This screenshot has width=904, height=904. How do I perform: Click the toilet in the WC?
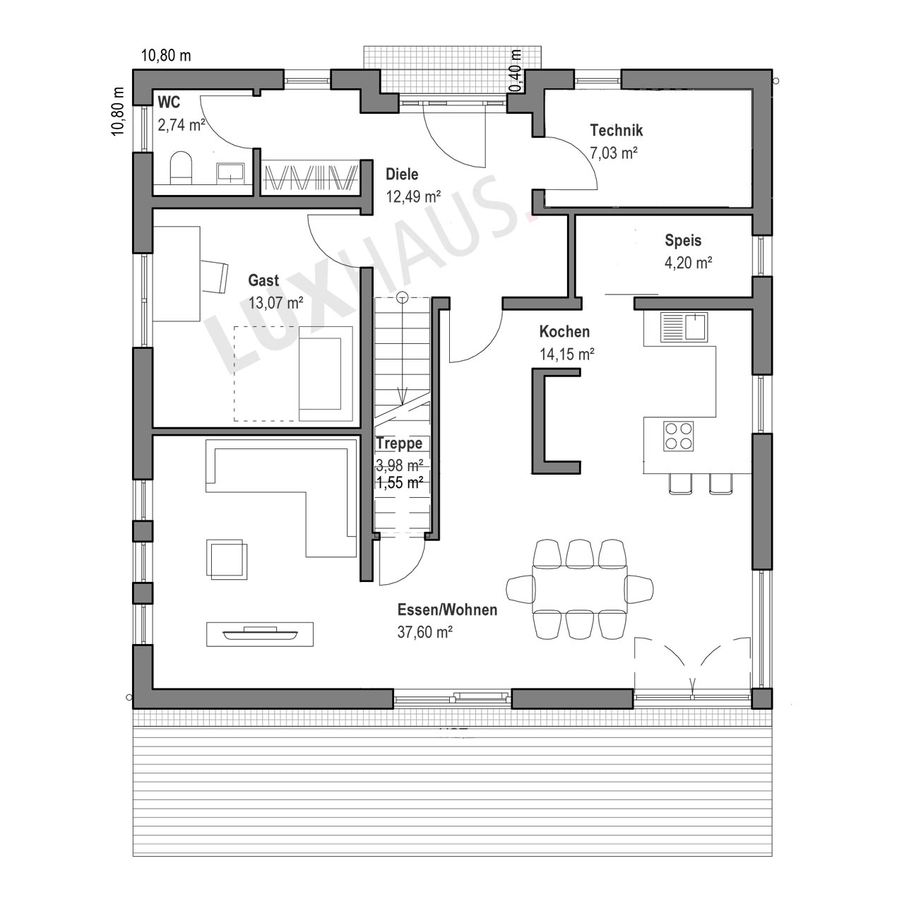click(x=181, y=167)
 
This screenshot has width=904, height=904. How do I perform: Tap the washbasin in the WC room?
click(x=230, y=172)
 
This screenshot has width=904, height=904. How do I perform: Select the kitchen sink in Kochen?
click(x=684, y=327)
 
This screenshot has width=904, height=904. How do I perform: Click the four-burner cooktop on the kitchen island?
click(x=678, y=436)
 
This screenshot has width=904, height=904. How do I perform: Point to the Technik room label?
click(x=616, y=131)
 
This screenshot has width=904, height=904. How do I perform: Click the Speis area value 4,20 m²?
click(x=688, y=263)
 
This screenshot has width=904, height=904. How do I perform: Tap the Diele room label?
click(x=402, y=174)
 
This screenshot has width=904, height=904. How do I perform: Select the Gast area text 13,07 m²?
click(x=275, y=303)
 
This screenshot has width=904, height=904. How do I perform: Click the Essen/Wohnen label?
click(x=447, y=610)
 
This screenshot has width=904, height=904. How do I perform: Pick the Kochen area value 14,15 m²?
click(x=566, y=355)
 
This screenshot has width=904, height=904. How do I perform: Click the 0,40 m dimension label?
click(x=516, y=71)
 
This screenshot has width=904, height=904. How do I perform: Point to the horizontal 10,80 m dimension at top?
click(x=166, y=56)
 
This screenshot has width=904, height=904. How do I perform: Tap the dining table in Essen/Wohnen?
click(x=579, y=589)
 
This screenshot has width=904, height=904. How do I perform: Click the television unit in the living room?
click(x=260, y=634)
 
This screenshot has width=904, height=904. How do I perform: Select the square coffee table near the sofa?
click(x=227, y=559)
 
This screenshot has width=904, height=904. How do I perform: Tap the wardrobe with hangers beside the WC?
click(x=310, y=178)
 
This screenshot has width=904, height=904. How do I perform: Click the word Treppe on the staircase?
click(x=399, y=444)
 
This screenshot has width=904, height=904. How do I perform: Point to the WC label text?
click(x=169, y=102)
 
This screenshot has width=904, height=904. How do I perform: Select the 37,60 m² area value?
click(x=424, y=632)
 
